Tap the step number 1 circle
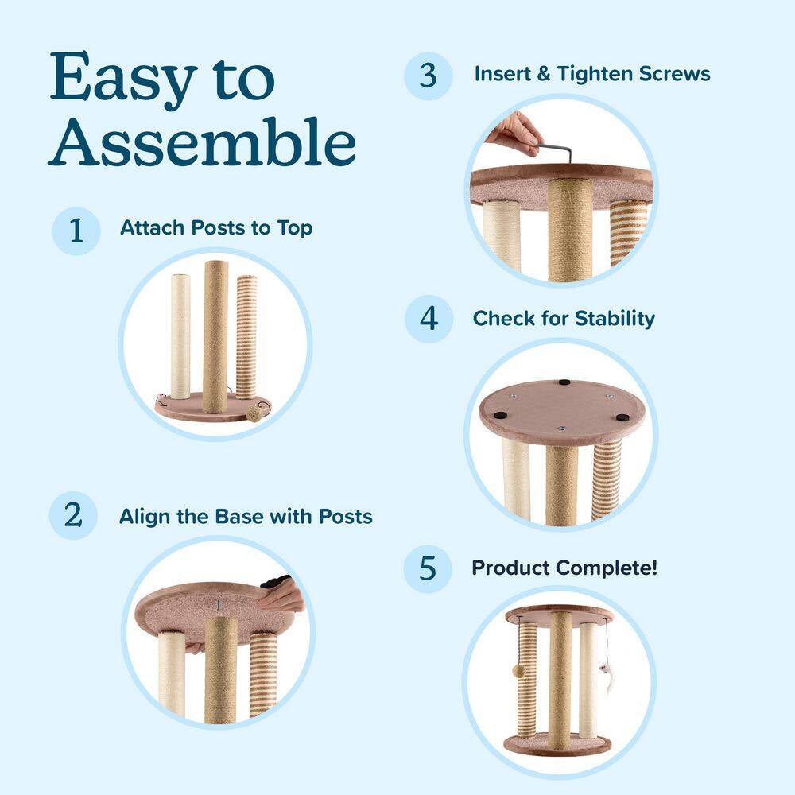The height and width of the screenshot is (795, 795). point(76,231)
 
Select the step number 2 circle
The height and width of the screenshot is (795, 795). point(74,515)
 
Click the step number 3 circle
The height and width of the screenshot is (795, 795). point(429,76)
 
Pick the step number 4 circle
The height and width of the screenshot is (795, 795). point(429,319)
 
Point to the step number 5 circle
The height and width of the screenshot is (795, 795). point(428,568)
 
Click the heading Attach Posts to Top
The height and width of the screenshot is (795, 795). point(216,228)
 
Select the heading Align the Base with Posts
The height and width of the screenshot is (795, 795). point(246,516)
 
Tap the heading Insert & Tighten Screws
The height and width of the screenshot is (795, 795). point(592,74)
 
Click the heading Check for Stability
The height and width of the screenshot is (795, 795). point(564,318)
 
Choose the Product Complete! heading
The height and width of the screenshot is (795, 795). point(564,568)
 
